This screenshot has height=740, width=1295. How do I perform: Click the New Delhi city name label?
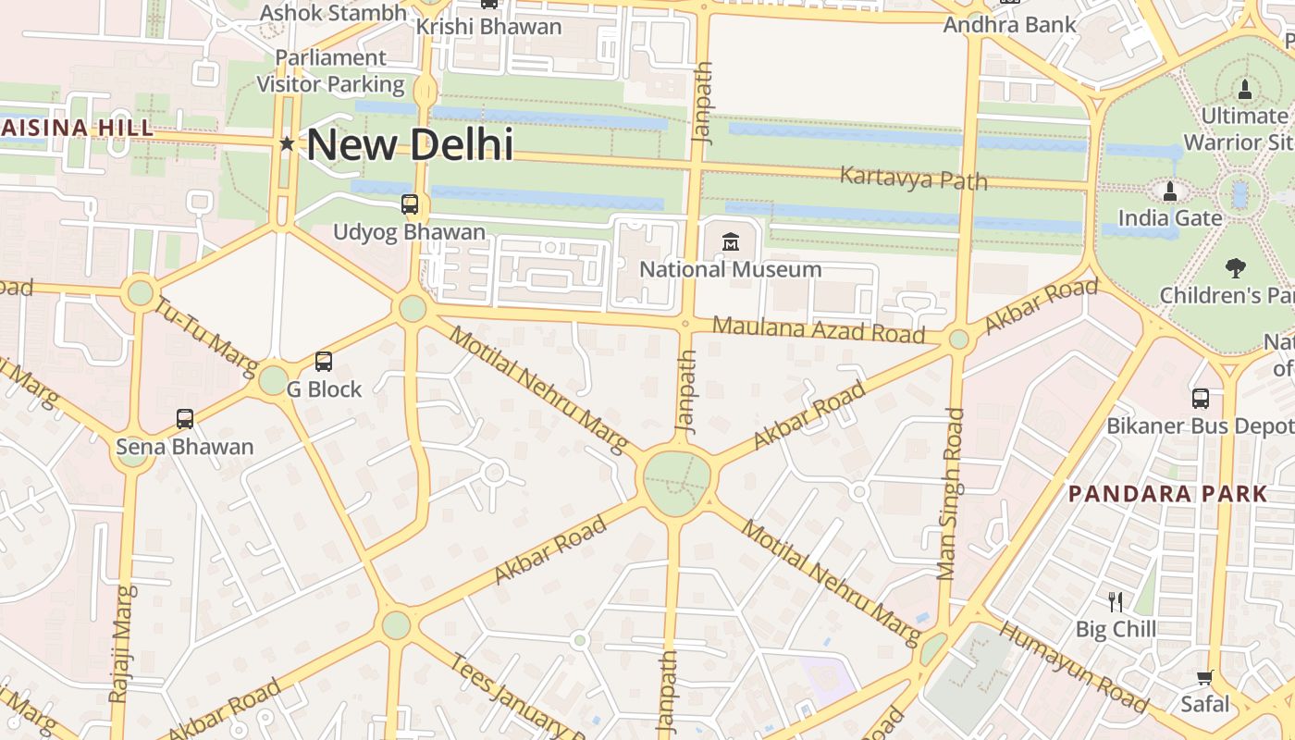[x=410, y=144]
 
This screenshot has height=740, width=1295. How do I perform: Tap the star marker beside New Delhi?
[x=287, y=143]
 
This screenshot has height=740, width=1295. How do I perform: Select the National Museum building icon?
[x=731, y=241]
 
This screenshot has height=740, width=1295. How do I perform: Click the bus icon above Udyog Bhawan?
[x=409, y=204]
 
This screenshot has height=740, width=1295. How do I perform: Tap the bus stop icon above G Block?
[x=323, y=362]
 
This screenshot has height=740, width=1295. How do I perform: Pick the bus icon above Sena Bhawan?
[x=185, y=419]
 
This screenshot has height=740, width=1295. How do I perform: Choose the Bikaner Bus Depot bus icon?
[x=1200, y=399]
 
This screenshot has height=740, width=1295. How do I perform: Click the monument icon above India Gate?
[x=1170, y=191]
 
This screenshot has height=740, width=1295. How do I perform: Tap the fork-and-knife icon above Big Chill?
[x=1116, y=601]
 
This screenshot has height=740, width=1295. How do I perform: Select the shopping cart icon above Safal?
[x=1204, y=678]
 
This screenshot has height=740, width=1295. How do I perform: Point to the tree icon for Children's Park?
[x=1235, y=268]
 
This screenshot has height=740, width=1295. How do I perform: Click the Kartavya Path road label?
[x=913, y=178]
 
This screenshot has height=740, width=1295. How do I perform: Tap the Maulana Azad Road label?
[x=819, y=329]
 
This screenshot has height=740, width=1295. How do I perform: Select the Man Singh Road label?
[x=950, y=494]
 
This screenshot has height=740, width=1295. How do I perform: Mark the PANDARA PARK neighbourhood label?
[x=1167, y=493]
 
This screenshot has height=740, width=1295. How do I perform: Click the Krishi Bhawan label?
[x=488, y=27]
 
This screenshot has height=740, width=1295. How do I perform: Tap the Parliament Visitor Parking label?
[x=330, y=71]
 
